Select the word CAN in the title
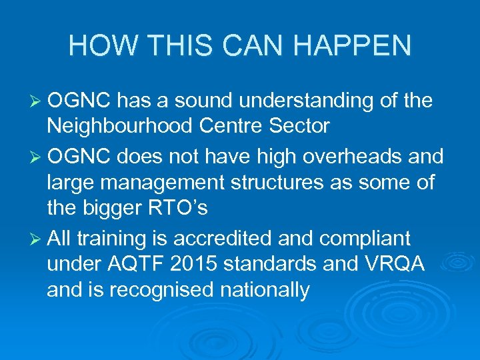click(x=255, y=45)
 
